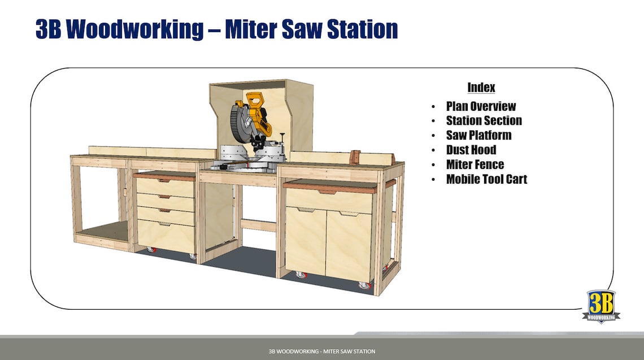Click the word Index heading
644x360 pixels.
[481, 88]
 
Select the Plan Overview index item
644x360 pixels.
[481, 106]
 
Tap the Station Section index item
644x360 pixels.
[484, 120]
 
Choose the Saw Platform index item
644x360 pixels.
[478, 136]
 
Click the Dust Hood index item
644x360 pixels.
[471, 150]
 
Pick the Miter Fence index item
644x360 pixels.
[475, 165]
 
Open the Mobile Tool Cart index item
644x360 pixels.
[486, 180]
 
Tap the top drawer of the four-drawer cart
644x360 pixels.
[166, 188]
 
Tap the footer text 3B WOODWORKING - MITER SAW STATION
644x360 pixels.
[322, 352]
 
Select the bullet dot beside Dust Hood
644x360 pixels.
[433, 151]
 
